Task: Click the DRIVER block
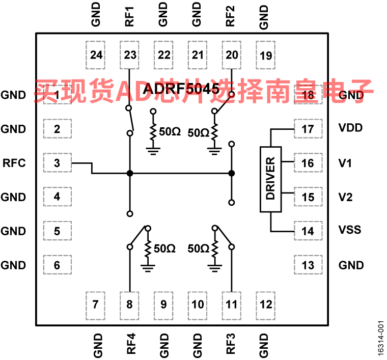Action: [271, 179]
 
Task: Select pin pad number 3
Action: [58, 163]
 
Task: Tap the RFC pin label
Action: [14, 163]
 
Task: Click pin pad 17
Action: [308, 129]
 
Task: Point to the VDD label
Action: [350, 128]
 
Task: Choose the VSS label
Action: [350, 230]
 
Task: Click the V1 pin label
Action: [345, 163]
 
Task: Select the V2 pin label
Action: [345, 197]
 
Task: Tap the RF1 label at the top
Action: [129, 16]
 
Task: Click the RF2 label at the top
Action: [230, 16]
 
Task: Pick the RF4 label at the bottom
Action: [131, 344]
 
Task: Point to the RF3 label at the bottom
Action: [231, 344]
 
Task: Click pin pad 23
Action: [129, 55]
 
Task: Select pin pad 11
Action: [232, 306]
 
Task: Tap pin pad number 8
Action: [129, 306]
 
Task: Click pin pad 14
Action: [308, 231]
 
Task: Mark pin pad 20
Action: [232, 55]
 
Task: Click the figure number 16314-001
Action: [381, 338]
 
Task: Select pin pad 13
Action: [308, 265]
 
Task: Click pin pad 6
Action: [58, 265]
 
